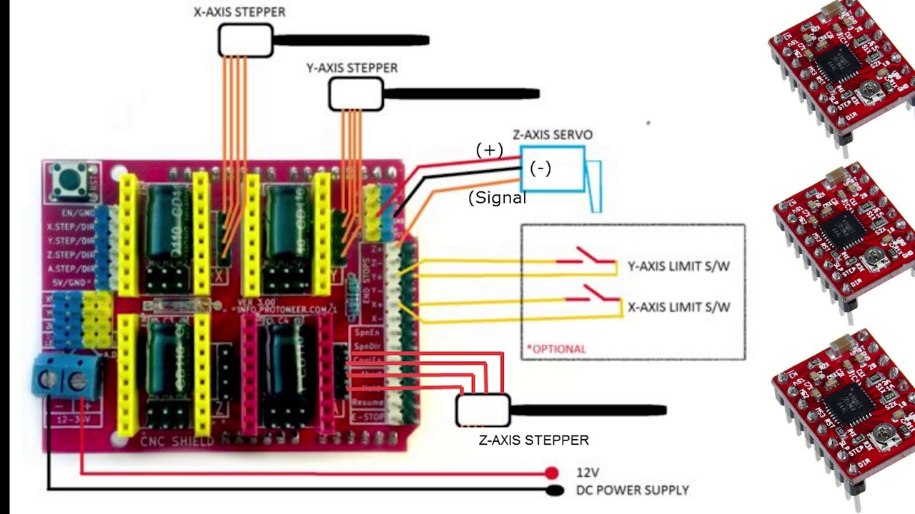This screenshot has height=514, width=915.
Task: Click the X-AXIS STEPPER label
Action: coord(239,12)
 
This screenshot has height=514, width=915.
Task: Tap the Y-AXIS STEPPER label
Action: coord(352,68)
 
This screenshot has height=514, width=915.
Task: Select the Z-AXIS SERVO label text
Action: coord(552,135)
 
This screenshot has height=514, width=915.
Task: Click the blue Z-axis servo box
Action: coord(552,169)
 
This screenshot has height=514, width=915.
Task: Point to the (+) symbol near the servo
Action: coord(490,150)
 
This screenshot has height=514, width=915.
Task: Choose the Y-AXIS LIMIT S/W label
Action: coord(678,266)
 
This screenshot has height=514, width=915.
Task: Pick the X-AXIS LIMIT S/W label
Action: coord(678,308)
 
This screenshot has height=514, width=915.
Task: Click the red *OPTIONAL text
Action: coord(556,349)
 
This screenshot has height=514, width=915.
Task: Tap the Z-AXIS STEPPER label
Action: coord(533,440)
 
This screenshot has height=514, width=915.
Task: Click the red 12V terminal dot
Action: coord(551,473)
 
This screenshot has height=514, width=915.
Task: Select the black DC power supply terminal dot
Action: coord(554,490)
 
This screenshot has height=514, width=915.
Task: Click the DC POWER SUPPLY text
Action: coord(632,490)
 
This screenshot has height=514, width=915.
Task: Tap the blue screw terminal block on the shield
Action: coord(66,376)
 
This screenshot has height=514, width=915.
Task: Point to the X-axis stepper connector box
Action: coord(245,41)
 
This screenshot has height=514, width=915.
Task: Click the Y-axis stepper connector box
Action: coord(355,94)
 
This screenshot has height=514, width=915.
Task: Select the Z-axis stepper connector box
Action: coord(483,410)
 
